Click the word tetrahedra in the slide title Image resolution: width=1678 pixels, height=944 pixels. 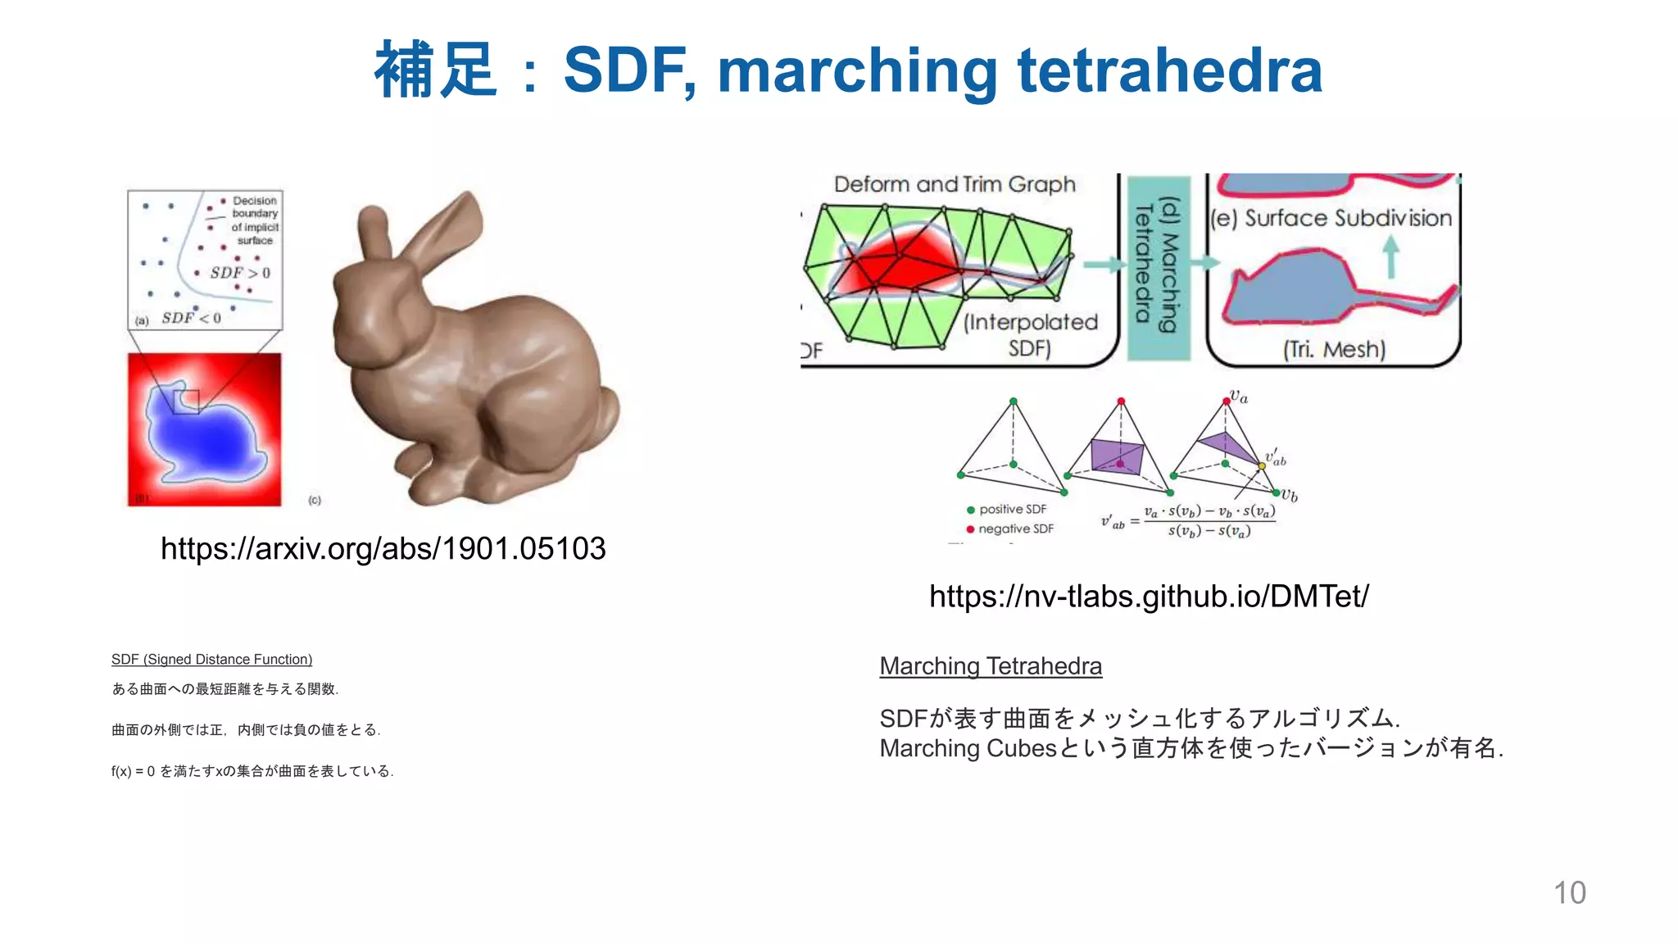1169,70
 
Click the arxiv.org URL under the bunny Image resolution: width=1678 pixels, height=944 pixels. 383,548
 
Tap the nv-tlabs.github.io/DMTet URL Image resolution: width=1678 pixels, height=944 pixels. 1149,596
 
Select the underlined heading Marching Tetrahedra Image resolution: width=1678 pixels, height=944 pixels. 991,666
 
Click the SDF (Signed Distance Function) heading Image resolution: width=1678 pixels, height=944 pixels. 211,660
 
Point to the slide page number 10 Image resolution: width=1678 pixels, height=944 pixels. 1569,892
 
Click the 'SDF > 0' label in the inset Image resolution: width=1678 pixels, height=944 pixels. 239,273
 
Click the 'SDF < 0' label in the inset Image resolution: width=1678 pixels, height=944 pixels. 191,318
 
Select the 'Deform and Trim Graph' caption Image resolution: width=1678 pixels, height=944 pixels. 955,184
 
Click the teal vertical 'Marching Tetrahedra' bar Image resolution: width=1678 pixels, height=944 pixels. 1159,269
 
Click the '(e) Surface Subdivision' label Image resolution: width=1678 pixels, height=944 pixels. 1331,218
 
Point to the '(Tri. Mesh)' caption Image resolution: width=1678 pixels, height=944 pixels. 1334,350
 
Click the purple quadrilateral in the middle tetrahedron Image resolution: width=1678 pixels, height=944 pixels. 1118,456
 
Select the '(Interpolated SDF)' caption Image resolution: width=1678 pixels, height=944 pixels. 1030,334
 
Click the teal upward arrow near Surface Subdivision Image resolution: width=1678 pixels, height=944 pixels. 1390,256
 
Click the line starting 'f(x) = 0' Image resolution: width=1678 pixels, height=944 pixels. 252,771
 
